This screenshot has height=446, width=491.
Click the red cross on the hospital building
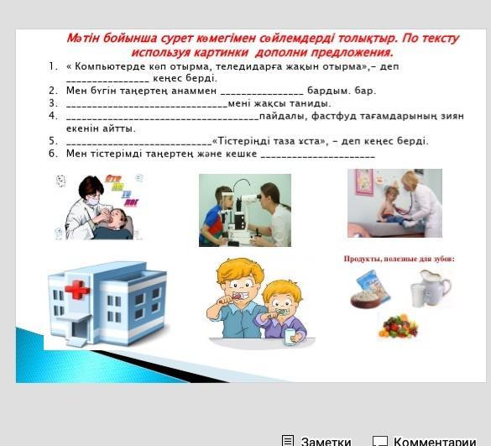pos(77,289)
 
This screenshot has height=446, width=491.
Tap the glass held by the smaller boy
pos(290,337)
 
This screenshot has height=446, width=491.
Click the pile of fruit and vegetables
pos(399,326)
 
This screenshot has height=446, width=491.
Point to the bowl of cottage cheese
pos(366,300)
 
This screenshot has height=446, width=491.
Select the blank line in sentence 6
pos(318,156)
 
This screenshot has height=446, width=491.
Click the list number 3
pos(53,103)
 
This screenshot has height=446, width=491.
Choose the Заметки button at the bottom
pos(316,440)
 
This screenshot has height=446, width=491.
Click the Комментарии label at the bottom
pos(435,441)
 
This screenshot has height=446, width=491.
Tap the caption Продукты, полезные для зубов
pos(400,259)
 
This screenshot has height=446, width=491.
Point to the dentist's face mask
pos(92,200)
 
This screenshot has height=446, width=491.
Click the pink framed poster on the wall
pos(364,182)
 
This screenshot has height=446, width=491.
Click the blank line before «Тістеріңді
pos(139,144)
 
